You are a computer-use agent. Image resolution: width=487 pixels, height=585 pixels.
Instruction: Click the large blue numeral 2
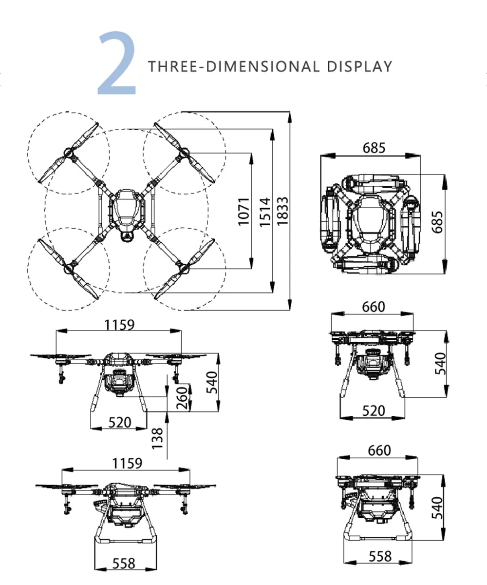[117, 64]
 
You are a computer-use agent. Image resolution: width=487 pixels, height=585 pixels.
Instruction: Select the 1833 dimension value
[282, 211]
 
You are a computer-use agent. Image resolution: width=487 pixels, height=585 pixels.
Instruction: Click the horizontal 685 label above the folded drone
[374, 148]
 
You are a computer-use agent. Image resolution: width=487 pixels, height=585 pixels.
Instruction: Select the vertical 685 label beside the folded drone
[437, 222]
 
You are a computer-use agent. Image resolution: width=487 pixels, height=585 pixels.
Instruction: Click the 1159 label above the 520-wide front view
[120, 324]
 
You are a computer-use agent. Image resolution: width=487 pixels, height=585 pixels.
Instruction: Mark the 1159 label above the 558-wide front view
[127, 463]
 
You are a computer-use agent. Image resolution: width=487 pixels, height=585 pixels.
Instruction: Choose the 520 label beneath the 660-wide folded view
[374, 411]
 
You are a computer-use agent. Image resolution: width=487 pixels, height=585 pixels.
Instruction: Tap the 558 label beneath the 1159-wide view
[124, 563]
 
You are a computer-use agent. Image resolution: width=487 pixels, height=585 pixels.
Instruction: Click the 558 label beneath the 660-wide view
[380, 556]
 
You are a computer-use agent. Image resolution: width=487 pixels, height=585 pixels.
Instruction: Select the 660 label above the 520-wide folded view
[374, 307]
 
